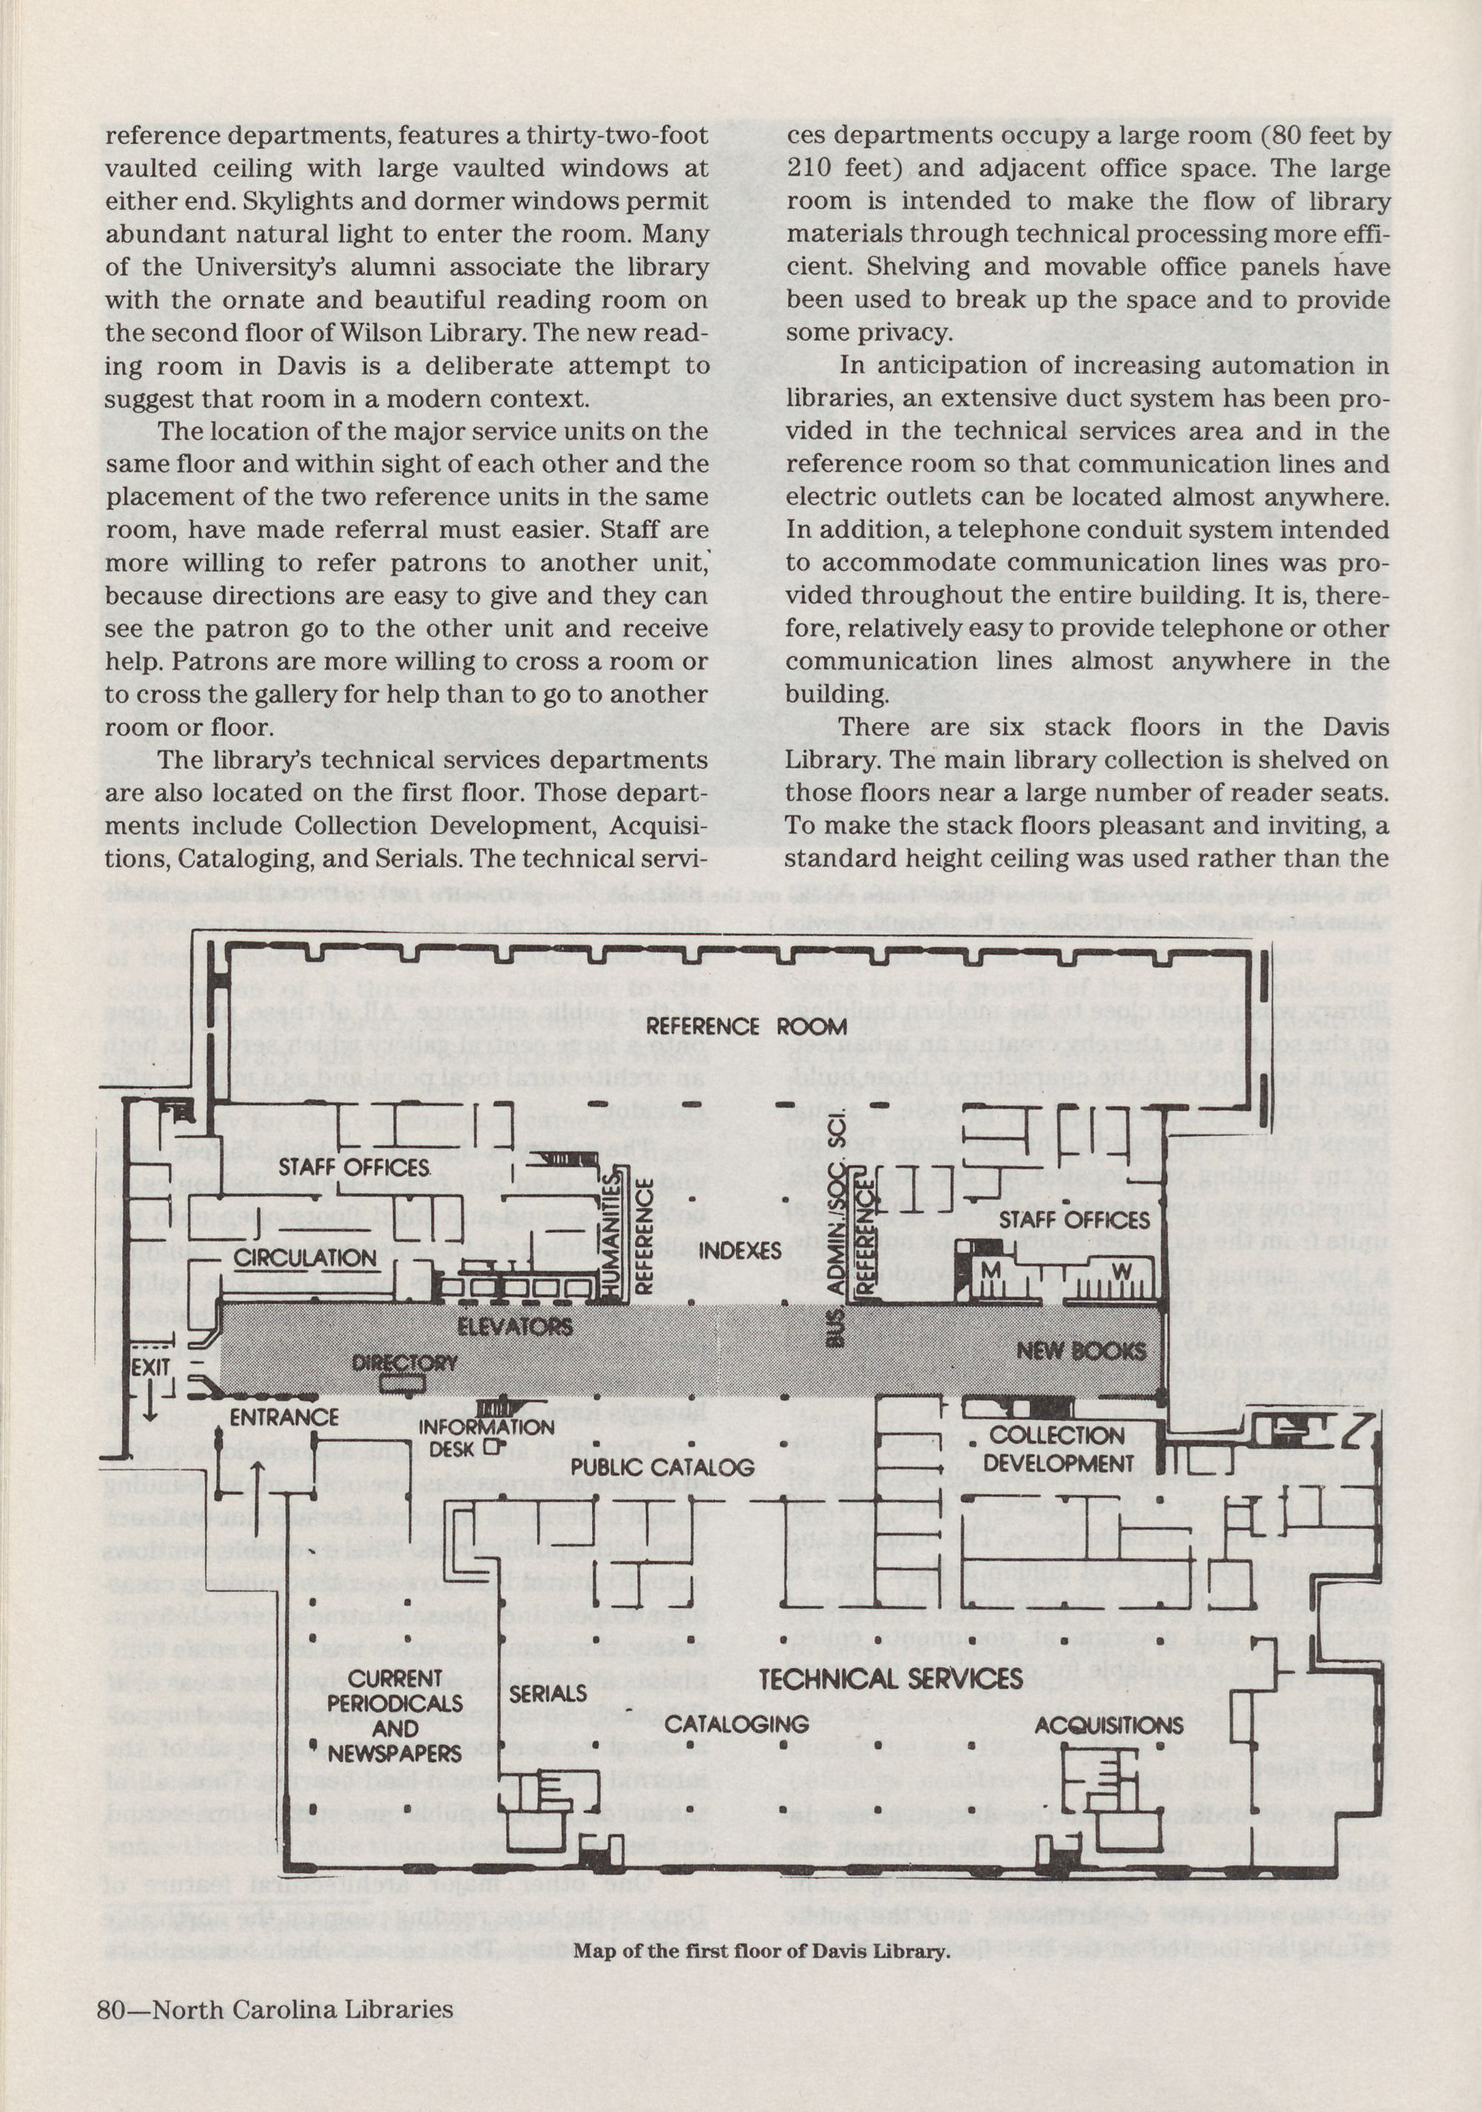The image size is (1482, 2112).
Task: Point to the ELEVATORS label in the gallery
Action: [515, 1327]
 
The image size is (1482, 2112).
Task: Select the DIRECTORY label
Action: [405, 1364]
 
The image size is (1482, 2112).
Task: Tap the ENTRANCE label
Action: [285, 1416]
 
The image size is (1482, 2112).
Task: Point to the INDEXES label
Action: [740, 1251]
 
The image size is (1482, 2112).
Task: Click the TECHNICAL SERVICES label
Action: [891, 1679]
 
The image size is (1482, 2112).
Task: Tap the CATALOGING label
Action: [736, 1723]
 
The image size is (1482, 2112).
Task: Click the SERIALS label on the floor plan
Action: [548, 1693]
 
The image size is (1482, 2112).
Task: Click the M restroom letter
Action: [991, 1270]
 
